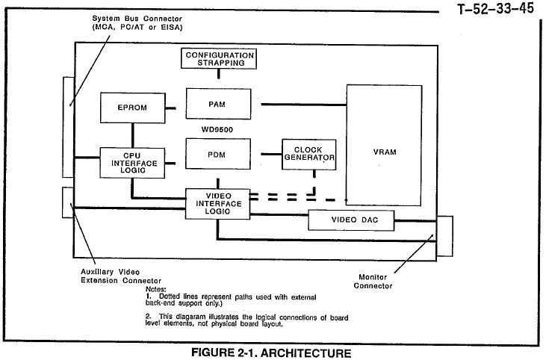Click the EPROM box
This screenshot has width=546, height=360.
[x=131, y=108]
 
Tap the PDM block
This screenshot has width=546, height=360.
[x=218, y=155]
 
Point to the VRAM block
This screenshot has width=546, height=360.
[x=383, y=152]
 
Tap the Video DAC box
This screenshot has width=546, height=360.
[x=351, y=220]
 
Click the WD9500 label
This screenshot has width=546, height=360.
[x=217, y=128]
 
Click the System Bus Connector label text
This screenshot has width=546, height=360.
[x=138, y=22]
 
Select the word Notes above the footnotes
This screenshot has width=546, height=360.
[x=155, y=288]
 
